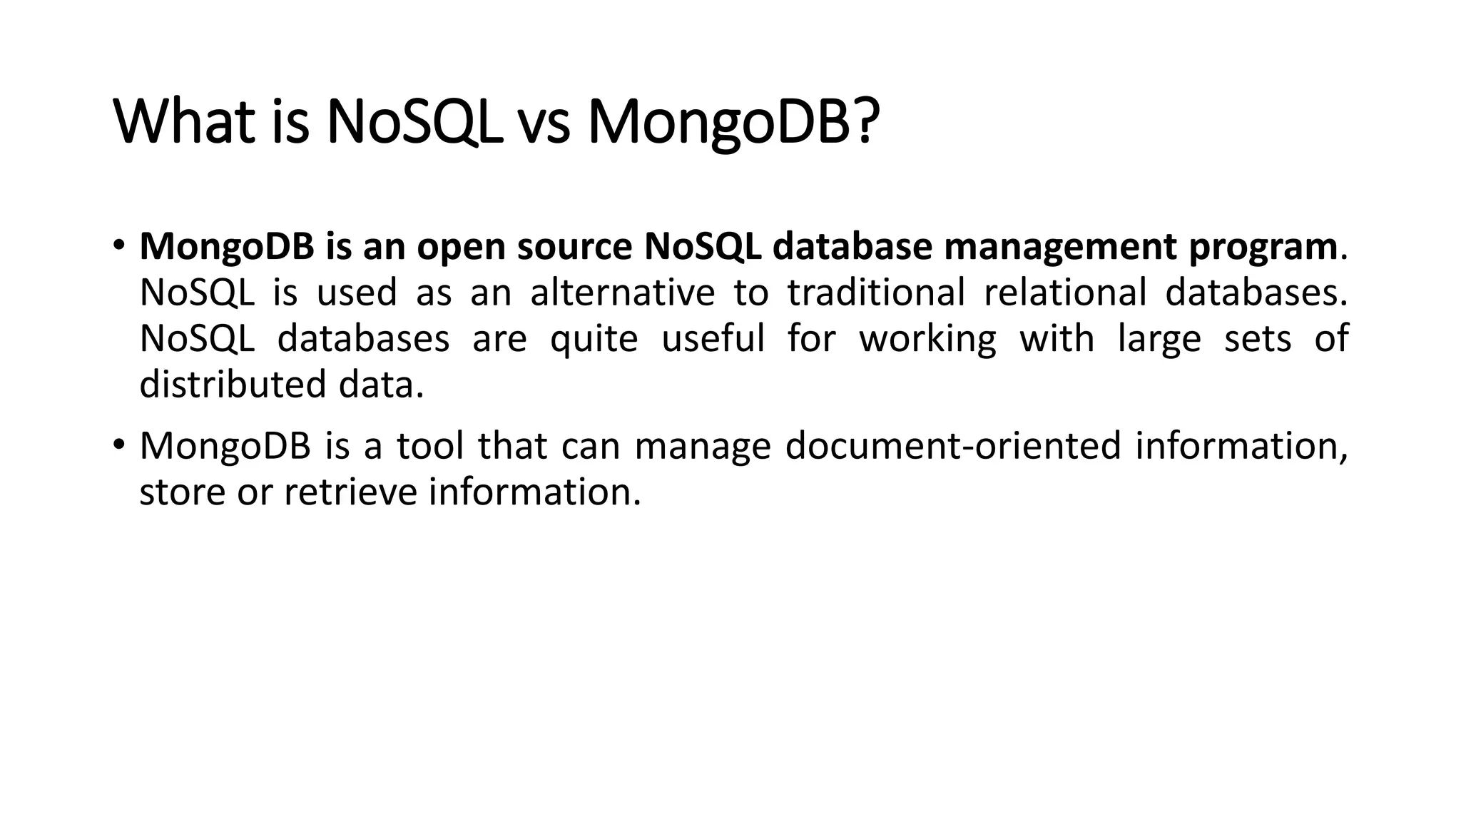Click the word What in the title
(184, 122)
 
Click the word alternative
(622, 293)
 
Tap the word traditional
(876, 293)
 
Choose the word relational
(1064, 293)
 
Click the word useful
(713, 338)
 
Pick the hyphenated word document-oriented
(953, 446)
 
